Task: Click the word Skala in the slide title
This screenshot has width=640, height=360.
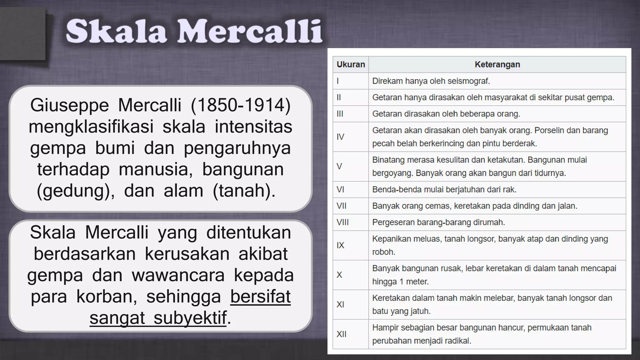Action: click(116, 31)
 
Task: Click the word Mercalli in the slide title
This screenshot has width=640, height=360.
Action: click(250, 31)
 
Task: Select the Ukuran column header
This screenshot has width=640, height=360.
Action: click(351, 65)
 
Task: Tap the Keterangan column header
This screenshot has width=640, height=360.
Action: click(497, 65)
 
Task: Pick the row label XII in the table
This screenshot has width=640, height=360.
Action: click(342, 334)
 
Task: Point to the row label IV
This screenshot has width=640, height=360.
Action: click(340, 137)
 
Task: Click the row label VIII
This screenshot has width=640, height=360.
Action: click(342, 222)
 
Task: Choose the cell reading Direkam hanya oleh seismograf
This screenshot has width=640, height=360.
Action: click(431, 81)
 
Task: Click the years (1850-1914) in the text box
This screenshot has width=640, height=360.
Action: click(241, 105)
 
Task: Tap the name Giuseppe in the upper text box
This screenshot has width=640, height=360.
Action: click(69, 105)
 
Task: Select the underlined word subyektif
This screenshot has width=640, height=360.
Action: click(190, 318)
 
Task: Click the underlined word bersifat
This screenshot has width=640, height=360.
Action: click(260, 297)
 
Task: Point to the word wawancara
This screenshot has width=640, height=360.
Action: click(178, 275)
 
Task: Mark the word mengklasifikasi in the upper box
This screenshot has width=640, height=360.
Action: click(91, 127)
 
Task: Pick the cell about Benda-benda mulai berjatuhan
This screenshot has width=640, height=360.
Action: click(444, 190)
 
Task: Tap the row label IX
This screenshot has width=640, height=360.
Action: click(340, 245)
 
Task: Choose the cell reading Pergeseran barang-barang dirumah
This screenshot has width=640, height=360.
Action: click(438, 222)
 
